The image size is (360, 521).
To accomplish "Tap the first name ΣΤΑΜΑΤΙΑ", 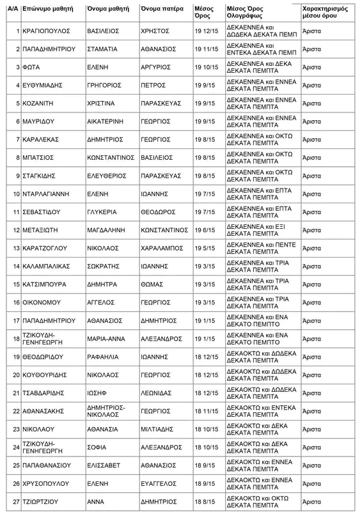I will [102, 49].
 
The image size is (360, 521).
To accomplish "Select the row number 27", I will [17, 502].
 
